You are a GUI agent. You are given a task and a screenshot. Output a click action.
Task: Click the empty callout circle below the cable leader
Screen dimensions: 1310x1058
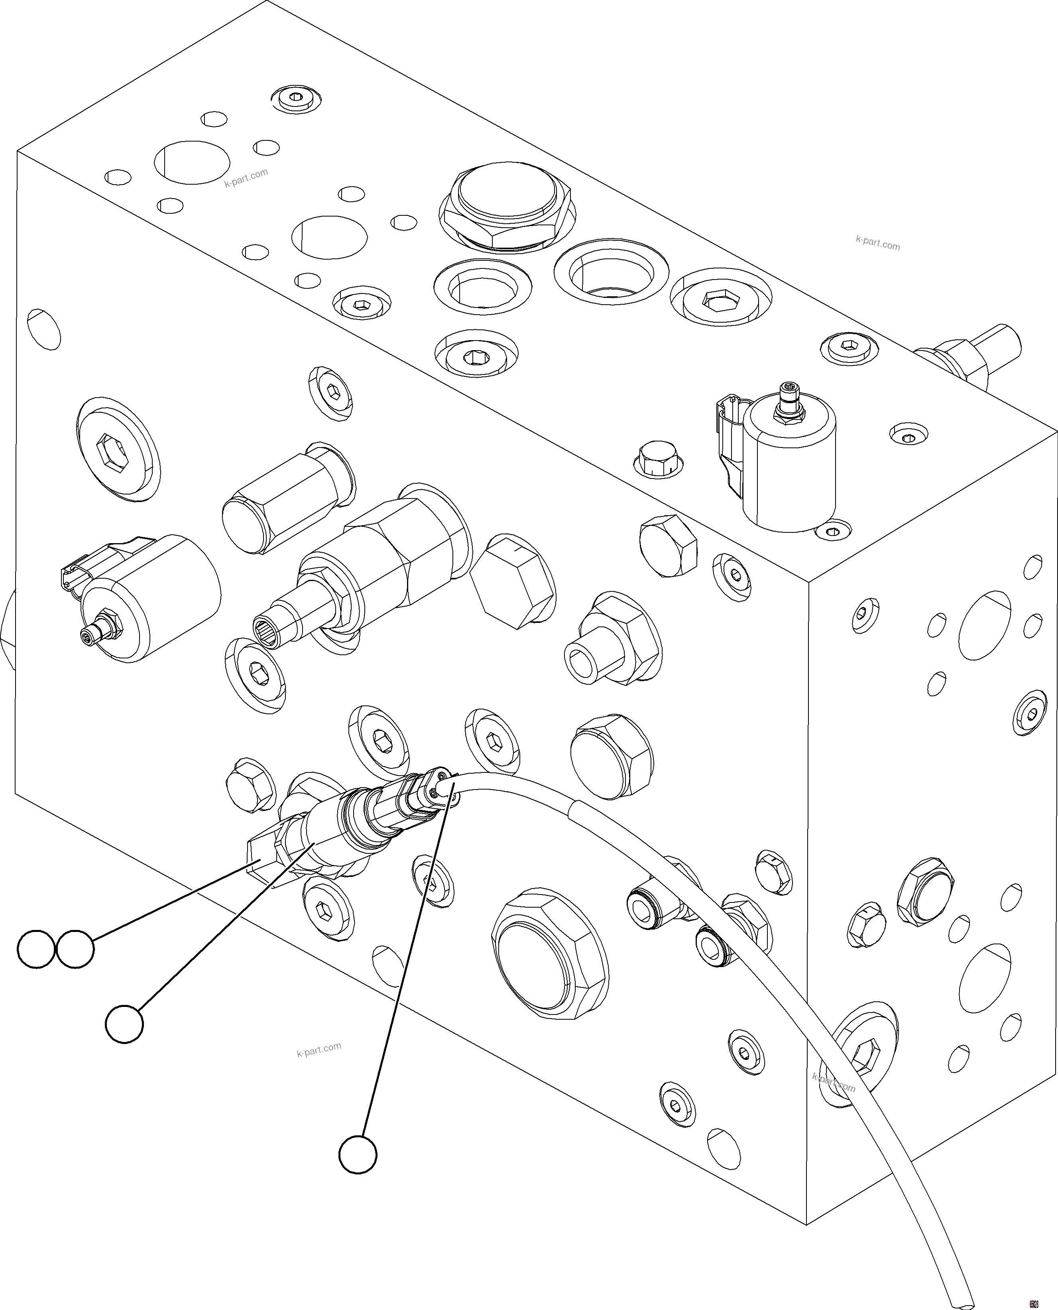(358, 1154)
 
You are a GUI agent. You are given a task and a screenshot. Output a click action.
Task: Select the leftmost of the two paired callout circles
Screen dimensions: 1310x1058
(36, 949)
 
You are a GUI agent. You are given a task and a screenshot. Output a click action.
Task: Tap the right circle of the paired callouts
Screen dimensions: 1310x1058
(76, 949)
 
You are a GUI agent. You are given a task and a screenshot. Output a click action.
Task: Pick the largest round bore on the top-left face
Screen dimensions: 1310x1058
(192, 162)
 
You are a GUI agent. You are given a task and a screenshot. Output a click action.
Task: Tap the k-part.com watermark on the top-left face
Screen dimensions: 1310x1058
(246, 177)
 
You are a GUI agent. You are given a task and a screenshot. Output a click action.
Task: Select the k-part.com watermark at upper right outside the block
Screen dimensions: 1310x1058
(877, 243)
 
